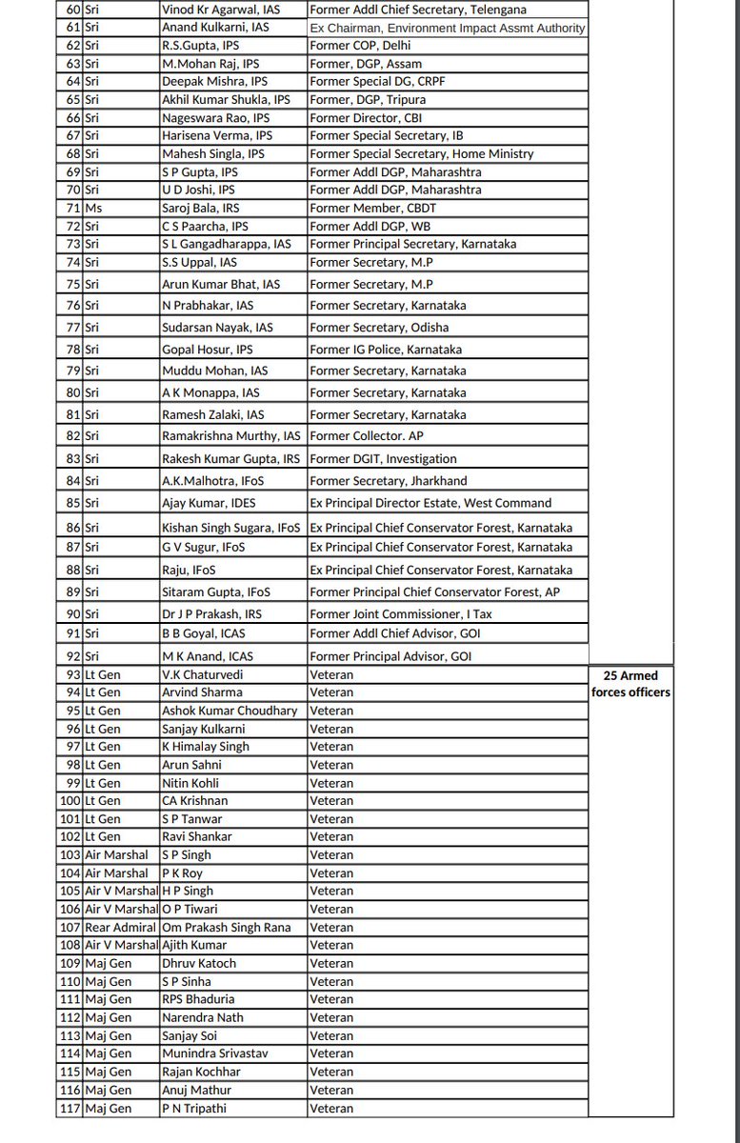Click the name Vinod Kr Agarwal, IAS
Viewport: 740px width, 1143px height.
point(220,10)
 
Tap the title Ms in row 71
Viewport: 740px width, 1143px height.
point(93,208)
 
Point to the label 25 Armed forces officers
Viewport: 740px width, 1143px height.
point(631,683)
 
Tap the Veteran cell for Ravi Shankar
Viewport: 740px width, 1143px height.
point(331,836)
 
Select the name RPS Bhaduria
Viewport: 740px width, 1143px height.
point(198,999)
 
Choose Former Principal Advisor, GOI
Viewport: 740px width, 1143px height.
point(390,656)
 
